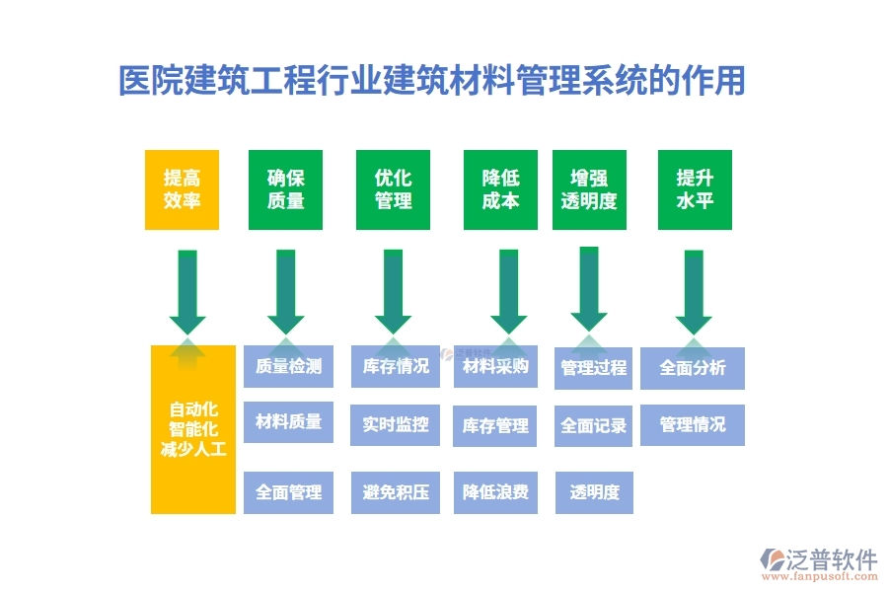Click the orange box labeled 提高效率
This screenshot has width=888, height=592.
point(182,189)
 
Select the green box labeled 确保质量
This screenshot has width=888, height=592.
point(286,189)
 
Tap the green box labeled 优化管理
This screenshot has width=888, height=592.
point(393,189)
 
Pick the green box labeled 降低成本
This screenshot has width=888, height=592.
point(500,189)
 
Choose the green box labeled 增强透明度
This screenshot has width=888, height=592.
point(589,189)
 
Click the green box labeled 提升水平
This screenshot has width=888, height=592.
point(695,189)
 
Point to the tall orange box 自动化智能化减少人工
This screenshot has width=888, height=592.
point(193,429)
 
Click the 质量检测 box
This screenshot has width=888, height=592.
point(288,367)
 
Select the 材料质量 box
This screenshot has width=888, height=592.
point(288,422)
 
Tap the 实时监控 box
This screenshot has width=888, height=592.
point(395,424)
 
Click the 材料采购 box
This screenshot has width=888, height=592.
point(495,367)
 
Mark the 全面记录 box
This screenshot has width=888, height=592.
point(594,426)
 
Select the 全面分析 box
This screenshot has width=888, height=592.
point(693,368)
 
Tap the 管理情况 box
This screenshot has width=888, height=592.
point(693,425)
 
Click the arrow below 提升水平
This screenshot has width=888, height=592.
point(694,291)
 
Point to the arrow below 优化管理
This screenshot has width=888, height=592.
point(394,291)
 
